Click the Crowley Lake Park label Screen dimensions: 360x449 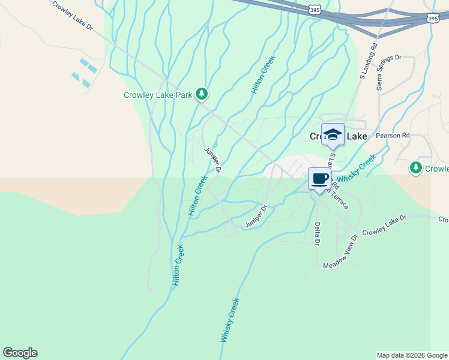(x=158, y=95)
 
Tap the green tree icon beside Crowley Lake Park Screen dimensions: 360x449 (x=202, y=94)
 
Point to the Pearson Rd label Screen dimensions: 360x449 (x=392, y=136)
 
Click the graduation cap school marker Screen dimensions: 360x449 (x=333, y=134)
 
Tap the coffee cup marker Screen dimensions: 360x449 (x=319, y=178)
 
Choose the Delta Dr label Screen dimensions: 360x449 (x=318, y=234)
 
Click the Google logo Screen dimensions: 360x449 (x=20, y=353)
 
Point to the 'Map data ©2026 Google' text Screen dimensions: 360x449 (x=411, y=355)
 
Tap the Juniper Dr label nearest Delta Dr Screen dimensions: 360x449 (x=256, y=217)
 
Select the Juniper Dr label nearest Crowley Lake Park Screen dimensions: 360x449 (x=213, y=160)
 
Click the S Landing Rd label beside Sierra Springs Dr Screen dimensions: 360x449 (x=367, y=60)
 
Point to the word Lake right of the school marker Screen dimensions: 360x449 (x=355, y=137)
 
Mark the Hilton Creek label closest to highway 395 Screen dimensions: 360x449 (x=263, y=75)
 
